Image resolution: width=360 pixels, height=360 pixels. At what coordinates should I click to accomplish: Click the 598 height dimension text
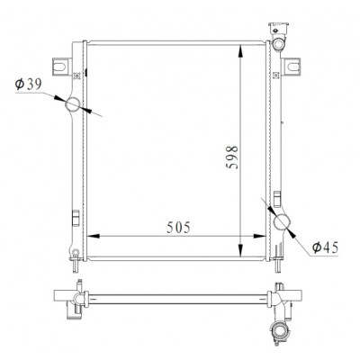pos(232,157)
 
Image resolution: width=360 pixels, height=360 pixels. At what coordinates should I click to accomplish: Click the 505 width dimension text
pos(178,228)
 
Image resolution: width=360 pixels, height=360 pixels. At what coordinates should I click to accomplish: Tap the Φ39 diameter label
pos(28,85)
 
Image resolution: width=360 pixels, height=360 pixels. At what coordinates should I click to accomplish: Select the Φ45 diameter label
pos(325,247)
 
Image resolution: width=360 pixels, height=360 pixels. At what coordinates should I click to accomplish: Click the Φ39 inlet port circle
pos(73,104)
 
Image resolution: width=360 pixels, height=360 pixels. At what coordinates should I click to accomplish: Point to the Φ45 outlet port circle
pos(283,222)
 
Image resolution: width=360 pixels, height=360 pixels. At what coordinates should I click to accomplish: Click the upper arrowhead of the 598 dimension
pos(240,51)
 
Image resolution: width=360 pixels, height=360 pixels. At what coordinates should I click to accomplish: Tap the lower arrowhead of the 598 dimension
pos(240,250)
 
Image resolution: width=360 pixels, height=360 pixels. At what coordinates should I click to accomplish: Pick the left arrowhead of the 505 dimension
pos(94,236)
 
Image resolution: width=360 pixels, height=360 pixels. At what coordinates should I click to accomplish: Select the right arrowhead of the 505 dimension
pos(259,236)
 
